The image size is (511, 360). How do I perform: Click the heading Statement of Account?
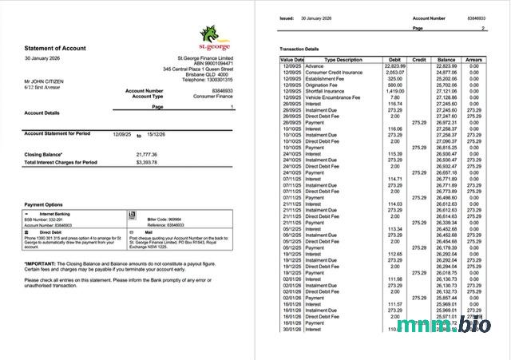(54, 48)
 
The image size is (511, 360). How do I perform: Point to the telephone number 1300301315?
(207, 80)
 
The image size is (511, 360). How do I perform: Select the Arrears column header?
(474, 60)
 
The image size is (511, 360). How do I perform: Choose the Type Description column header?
(343, 60)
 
